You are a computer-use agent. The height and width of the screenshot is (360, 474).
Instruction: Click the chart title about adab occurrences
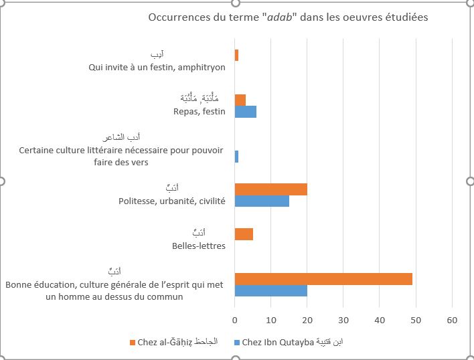[288, 17]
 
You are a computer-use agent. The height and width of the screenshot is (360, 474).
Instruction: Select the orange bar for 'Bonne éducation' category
[323, 279]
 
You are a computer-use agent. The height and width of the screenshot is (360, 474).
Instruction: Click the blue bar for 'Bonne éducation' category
[271, 290]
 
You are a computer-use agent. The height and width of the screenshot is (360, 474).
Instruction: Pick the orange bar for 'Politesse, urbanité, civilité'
[271, 189]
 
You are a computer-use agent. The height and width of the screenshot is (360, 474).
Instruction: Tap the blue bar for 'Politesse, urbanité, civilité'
[262, 201]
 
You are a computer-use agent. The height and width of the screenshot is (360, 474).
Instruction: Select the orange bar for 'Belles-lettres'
[244, 234]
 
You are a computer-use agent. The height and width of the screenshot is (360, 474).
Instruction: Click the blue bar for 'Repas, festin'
[246, 112]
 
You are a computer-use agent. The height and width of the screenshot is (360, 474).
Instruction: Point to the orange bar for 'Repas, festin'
[240, 100]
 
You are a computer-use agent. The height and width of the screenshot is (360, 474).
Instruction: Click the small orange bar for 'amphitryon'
[236, 56]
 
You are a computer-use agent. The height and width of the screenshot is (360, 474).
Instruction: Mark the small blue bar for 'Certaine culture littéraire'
[236, 157]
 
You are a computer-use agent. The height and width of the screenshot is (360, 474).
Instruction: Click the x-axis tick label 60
[452, 321]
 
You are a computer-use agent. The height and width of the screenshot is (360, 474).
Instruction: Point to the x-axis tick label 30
[343, 321]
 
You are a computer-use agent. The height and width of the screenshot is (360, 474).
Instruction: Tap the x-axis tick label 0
[235, 321]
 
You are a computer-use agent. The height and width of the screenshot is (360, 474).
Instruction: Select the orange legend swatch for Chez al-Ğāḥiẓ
[132, 343]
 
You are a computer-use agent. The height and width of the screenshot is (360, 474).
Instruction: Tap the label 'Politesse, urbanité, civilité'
[171, 201]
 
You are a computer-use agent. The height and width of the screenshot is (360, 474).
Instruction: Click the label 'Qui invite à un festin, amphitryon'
[157, 67]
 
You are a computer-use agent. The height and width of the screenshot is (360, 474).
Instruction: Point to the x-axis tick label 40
[380, 321]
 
